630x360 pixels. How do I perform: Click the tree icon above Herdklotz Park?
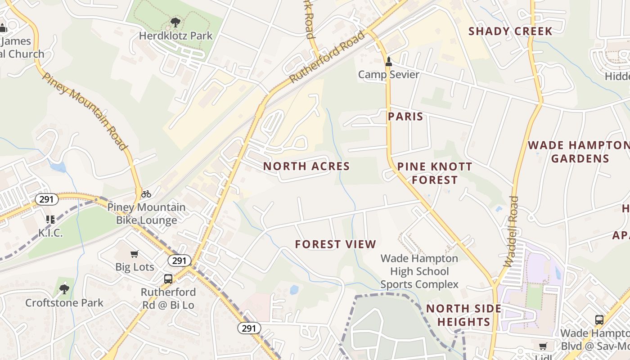(x=175, y=22)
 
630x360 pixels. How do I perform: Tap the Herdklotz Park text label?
(x=175, y=36)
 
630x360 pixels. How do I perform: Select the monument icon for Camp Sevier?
(x=389, y=62)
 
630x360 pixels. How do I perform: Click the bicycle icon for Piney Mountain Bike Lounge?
(x=146, y=194)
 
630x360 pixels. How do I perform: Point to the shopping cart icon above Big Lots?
(x=134, y=254)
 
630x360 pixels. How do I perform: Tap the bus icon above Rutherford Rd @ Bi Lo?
(x=168, y=279)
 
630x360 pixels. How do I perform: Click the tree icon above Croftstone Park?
(x=64, y=289)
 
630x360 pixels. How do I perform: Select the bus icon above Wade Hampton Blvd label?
(x=599, y=320)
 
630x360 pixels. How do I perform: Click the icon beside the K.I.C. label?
(x=50, y=220)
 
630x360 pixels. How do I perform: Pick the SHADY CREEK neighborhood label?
(x=510, y=31)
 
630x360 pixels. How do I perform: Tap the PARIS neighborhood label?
(x=405, y=117)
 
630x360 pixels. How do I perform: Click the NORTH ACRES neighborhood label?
(x=306, y=166)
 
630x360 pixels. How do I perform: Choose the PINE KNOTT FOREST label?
(x=435, y=173)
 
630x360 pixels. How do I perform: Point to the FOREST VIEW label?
(x=335, y=244)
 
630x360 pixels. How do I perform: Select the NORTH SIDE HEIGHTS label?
(x=463, y=315)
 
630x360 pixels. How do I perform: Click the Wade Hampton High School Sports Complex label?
(x=419, y=271)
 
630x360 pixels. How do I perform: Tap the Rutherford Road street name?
(x=327, y=57)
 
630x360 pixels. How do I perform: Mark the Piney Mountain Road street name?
(x=85, y=111)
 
